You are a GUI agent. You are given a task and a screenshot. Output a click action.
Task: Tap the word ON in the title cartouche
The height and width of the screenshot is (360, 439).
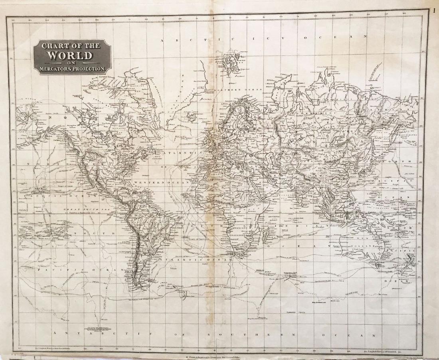point(71,63)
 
